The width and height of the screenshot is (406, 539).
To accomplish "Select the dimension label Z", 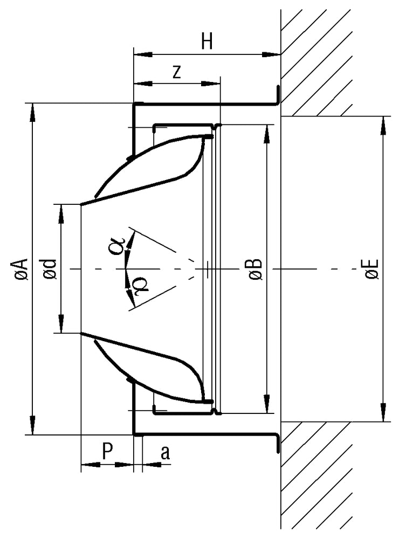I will click(x=176, y=73).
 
